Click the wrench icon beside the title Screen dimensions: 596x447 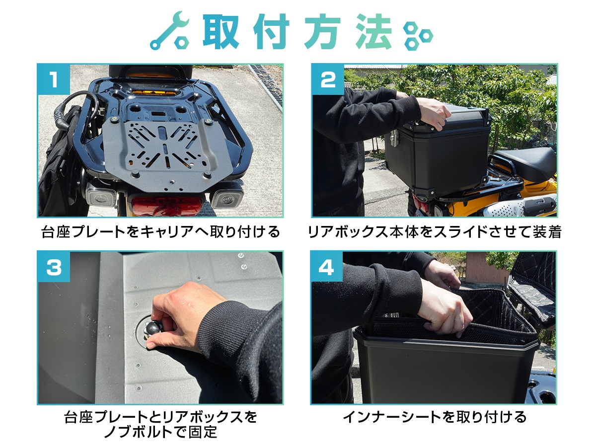(170, 31)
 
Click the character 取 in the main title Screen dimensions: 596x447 (221, 31)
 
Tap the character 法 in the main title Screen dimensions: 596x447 (373, 31)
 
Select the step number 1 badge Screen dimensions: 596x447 (54, 79)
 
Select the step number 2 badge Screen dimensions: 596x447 (328, 79)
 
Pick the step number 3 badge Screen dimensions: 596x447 (54, 267)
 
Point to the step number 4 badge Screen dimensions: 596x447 (327, 267)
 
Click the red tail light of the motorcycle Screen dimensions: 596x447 (166, 206)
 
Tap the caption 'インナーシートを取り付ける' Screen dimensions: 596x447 (435, 417)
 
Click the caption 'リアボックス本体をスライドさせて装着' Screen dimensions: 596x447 (435, 232)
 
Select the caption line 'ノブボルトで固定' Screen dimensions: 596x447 (161, 432)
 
